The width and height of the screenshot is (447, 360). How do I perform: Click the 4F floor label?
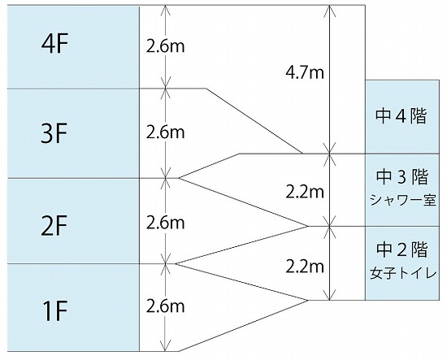click(x=54, y=45)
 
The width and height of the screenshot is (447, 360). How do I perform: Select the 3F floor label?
click(x=54, y=133)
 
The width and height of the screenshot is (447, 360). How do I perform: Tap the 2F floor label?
click(x=54, y=226)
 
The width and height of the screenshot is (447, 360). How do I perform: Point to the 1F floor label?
click(x=54, y=311)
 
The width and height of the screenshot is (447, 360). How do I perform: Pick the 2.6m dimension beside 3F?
click(x=165, y=132)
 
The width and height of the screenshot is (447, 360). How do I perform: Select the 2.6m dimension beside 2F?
click(x=165, y=223)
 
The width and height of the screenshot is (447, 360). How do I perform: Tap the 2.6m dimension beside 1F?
click(x=165, y=306)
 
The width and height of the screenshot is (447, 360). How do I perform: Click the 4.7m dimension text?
click(x=305, y=73)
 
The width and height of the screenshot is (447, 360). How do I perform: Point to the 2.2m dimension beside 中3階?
click(x=305, y=193)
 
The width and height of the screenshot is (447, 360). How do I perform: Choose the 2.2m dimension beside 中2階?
click(x=305, y=267)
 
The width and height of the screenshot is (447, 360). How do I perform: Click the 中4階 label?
click(x=401, y=116)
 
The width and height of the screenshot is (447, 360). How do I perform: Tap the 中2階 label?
click(x=402, y=249)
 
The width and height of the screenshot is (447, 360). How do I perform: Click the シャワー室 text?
click(x=403, y=200)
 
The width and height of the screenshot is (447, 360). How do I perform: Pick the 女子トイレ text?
click(x=403, y=273)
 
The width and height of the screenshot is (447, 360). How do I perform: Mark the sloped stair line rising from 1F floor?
click(x=244, y=326)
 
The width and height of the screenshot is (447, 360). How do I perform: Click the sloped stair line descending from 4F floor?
click(x=254, y=121)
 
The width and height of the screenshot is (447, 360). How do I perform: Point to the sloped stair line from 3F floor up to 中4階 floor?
click(x=209, y=166)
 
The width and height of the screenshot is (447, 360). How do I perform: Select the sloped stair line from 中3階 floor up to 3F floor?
click(x=244, y=202)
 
